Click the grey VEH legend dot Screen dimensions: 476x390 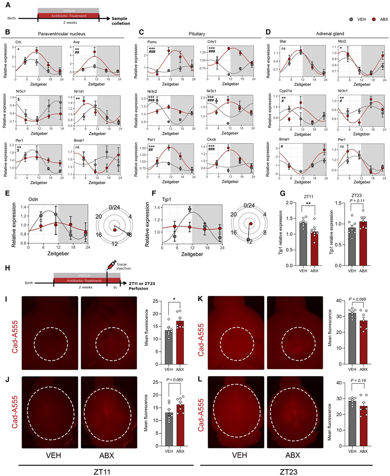pyautogui.click(x=351, y=20)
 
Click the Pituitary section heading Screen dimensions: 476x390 pyautogui.click(x=198, y=33)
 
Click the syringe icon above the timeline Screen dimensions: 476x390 pyautogui.click(x=111, y=273)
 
